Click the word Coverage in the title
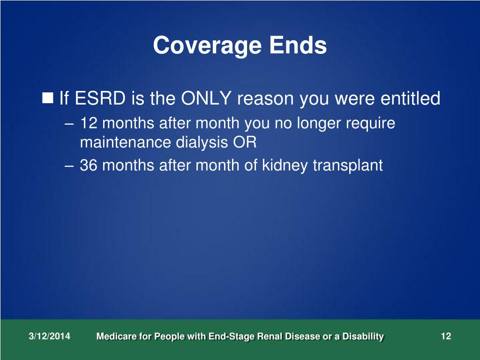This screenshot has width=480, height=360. [207, 46]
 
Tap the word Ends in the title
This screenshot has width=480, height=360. [298, 45]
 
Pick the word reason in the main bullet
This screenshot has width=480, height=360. [266, 99]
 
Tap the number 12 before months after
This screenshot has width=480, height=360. [89, 124]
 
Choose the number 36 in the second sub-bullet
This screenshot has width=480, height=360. [89, 165]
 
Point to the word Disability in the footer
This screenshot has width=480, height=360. [364, 337]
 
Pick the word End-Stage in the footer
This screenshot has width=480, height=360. [223, 337]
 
